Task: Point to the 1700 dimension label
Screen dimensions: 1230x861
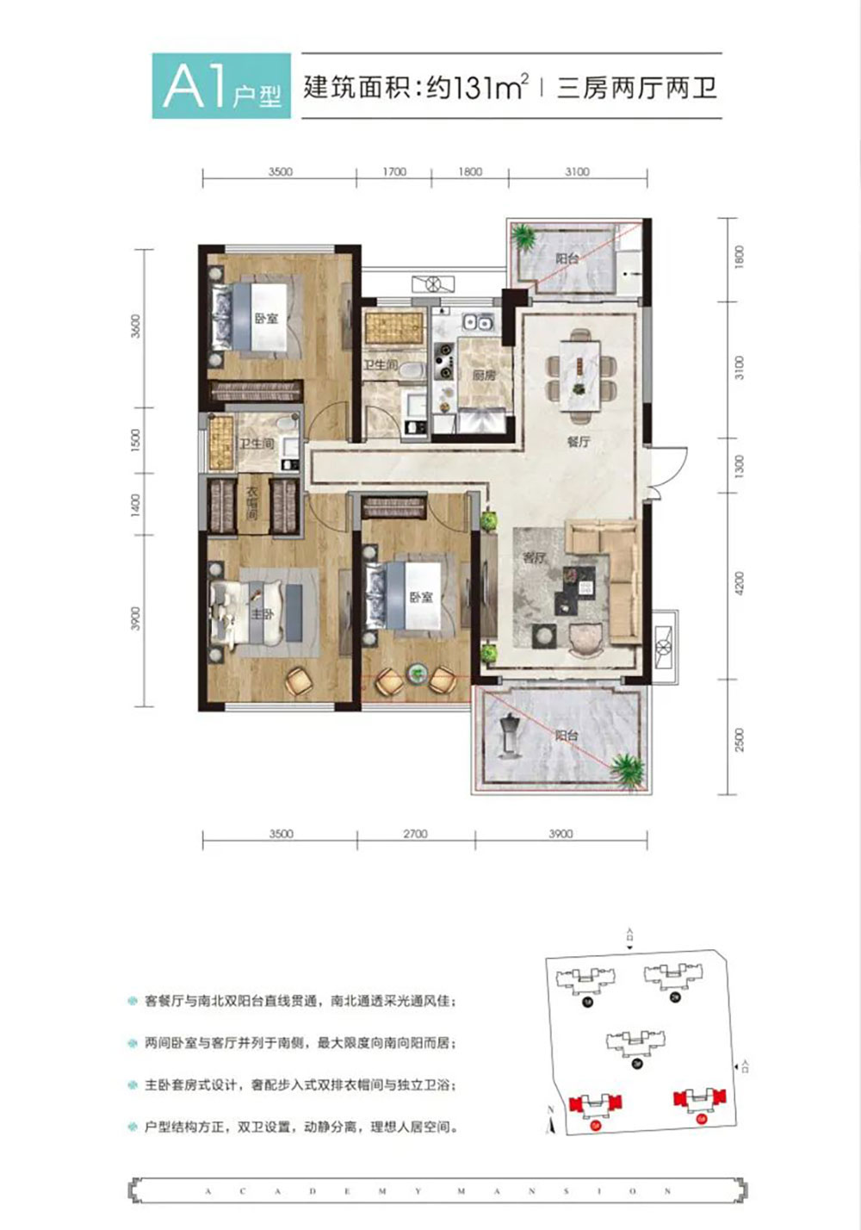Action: [393, 171]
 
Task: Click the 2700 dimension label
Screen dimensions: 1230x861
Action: [415, 834]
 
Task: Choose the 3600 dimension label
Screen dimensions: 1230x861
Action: [135, 326]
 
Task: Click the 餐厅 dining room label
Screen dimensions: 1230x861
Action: [578, 442]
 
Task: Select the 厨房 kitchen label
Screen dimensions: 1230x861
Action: [484, 376]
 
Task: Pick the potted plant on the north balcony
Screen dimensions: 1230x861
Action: [523, 235]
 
